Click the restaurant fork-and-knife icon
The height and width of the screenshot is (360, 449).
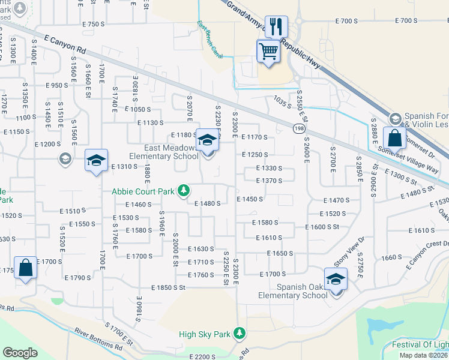pyautogui.click(x=276, y=26)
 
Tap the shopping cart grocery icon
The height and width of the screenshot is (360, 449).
pyautogui.click(x=268, y=50)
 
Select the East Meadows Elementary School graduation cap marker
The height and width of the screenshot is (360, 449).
pyautogui.click(x=207, y=141)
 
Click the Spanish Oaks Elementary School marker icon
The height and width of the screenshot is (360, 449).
pyautogui.click(x=336, y=279)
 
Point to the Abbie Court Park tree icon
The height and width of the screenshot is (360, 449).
pyautogui.click(x=184, y=191)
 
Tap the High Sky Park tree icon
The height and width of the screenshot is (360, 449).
pyautogui.click(x=240, y=332)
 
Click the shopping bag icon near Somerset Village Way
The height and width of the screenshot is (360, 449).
pyautogui.click(x=394, y=139)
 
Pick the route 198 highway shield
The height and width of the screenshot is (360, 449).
pyautogui.click(x=298, y=128)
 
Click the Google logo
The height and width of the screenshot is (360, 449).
pyautogui.click(x=20, y=352)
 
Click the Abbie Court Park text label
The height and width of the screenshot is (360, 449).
pyautogui.click(x=143, y=191)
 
